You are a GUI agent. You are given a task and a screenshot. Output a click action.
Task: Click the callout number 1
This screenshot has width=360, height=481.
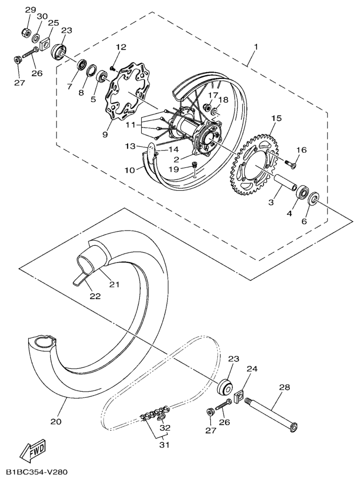click(256, 48)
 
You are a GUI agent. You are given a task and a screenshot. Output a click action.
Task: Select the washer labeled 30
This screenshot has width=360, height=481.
click(36, 38)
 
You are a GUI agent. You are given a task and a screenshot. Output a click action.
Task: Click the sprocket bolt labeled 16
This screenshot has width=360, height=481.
click(289, 163)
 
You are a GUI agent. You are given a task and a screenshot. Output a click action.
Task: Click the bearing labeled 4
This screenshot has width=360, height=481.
click(303, 192)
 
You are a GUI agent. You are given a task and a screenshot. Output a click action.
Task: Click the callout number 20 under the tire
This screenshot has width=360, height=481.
click(56, 421)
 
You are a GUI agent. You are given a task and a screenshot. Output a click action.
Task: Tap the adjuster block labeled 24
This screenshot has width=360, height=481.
click(239, 395)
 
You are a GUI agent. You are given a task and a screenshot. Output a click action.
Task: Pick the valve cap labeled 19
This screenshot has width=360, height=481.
click(194, 165)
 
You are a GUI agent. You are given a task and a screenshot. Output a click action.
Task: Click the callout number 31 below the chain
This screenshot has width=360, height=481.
click(164, 444)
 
